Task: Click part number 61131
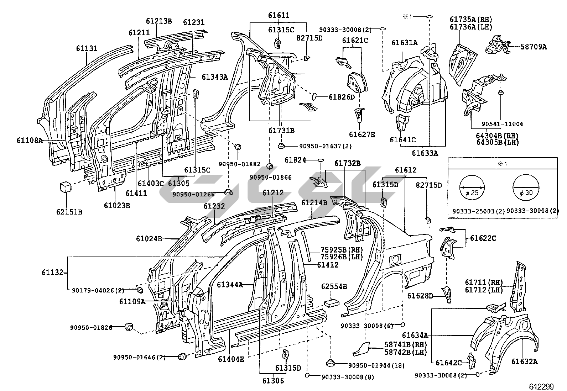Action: [x=87, y=48]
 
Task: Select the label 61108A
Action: [x=30, y=140]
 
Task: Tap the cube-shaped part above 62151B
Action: [x=65, y=186]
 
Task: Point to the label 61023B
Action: [x=117, y=205]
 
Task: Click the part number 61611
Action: [x=279, y=15]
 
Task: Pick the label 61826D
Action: [x=342, y=97]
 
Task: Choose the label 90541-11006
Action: [x=503, y=124]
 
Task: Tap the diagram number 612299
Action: [x=546, y=386]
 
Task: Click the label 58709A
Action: [x=533, y=47]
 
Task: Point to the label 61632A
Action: [x=524, y=362]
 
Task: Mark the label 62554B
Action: [x=334, y=286]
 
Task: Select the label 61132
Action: [x=52, y=273]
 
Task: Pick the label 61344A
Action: [x=230, y=284]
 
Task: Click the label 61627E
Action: [x=361, y=134]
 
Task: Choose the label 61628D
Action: [x=420, y=296]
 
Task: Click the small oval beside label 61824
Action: [x=320, y=160]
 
